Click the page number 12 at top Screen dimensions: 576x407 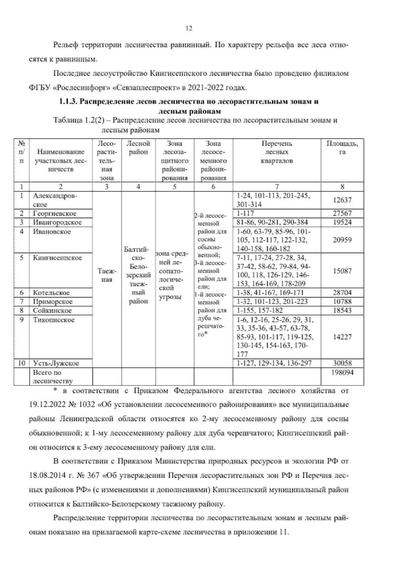click(189, 29)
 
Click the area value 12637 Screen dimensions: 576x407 click(342, 200)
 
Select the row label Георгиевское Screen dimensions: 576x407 click(55, 213)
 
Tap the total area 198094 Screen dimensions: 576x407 click(342, 372)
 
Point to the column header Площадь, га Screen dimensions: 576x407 click(342, 148)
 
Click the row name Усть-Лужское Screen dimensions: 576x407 click(56, 363)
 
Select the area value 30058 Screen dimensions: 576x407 click(342, 363)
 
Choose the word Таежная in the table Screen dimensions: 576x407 click(107, 275)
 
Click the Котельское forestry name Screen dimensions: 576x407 click(51, 292)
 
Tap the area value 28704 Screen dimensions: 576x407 click(342, 292)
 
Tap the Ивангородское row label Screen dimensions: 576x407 click(57, 222)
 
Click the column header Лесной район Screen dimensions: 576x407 click(138, 148)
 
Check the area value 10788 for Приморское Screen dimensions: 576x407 click(342, 302)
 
